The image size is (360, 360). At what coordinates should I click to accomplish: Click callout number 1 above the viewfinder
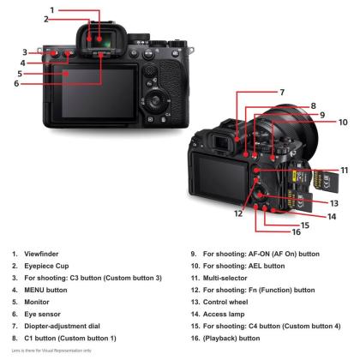tap(52, 10)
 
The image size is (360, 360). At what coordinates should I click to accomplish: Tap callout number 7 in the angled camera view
tap(282, 92)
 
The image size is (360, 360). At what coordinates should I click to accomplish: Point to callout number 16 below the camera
tap(297, 231)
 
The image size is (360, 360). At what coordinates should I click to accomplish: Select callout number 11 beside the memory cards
tap(345, 171)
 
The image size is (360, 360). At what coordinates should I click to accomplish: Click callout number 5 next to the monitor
tap(20, 74)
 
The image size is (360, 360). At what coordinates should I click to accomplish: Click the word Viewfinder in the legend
tap(41, 254)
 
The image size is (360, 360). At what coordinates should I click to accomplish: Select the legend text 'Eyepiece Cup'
tap(46, 266)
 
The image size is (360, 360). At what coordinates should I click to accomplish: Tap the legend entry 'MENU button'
tap(45, 290)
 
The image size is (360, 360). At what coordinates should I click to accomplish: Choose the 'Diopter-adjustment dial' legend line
tap(63, 326)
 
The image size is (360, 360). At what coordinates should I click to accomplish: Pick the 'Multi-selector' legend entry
tap(225, 278)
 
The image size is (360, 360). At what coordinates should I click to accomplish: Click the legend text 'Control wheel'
tap(225, 302)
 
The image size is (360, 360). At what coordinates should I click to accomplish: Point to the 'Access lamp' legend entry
tap(224, 315)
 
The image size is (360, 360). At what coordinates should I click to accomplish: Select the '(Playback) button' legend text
tap(231, 339)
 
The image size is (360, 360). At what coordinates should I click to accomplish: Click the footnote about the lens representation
tap(51, 351)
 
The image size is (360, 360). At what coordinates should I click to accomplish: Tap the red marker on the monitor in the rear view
tap(66, 74)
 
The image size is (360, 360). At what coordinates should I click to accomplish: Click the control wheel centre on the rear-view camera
tap(155, 100)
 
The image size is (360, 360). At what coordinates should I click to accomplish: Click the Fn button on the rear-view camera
tap(149, 84)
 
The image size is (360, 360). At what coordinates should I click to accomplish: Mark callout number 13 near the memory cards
tap(334, 203)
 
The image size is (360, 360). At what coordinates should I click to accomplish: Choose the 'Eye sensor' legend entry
tap(42, 315)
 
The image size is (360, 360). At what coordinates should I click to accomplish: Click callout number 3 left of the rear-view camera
tap(25, 52)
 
